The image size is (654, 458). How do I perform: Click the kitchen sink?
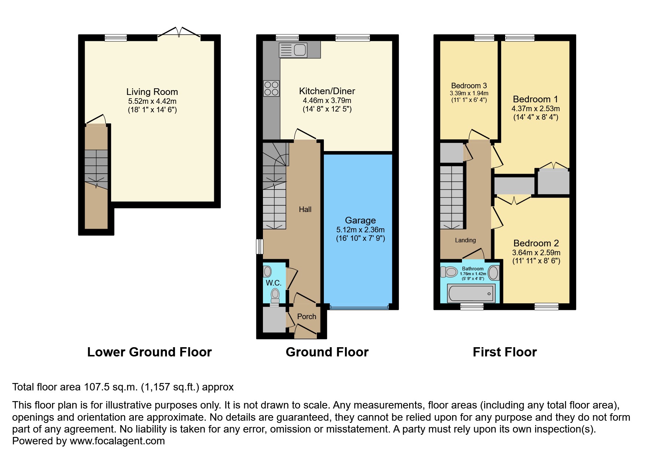coord(293,50)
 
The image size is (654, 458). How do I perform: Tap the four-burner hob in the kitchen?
coord(271,89)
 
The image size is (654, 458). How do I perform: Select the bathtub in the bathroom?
coord(471,293)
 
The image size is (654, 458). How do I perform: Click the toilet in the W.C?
coord(275,295)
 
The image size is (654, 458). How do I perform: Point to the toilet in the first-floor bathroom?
coord(449,272)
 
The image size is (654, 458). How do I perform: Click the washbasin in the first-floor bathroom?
coord(494,273)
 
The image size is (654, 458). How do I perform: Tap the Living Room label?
coord(152,92)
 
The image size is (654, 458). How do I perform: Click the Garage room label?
coord(360,220)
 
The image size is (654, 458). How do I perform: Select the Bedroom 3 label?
coord(469,86)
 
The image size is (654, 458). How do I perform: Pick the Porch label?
coord(307,317)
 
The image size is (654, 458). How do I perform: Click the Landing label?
coord(465,240)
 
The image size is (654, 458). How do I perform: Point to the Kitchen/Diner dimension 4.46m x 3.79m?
coord(327,100)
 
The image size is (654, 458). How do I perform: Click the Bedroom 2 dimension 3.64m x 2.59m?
coord(536,253)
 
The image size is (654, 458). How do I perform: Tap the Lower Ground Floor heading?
coord(150,352)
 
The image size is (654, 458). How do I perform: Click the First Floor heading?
coord(505,352)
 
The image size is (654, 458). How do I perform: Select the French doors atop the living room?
coord(179,33)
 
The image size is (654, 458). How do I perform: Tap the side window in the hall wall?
coord(260,246)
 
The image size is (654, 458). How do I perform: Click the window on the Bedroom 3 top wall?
coord(484,37)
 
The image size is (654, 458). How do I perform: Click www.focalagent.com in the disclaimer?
coord(117,441)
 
